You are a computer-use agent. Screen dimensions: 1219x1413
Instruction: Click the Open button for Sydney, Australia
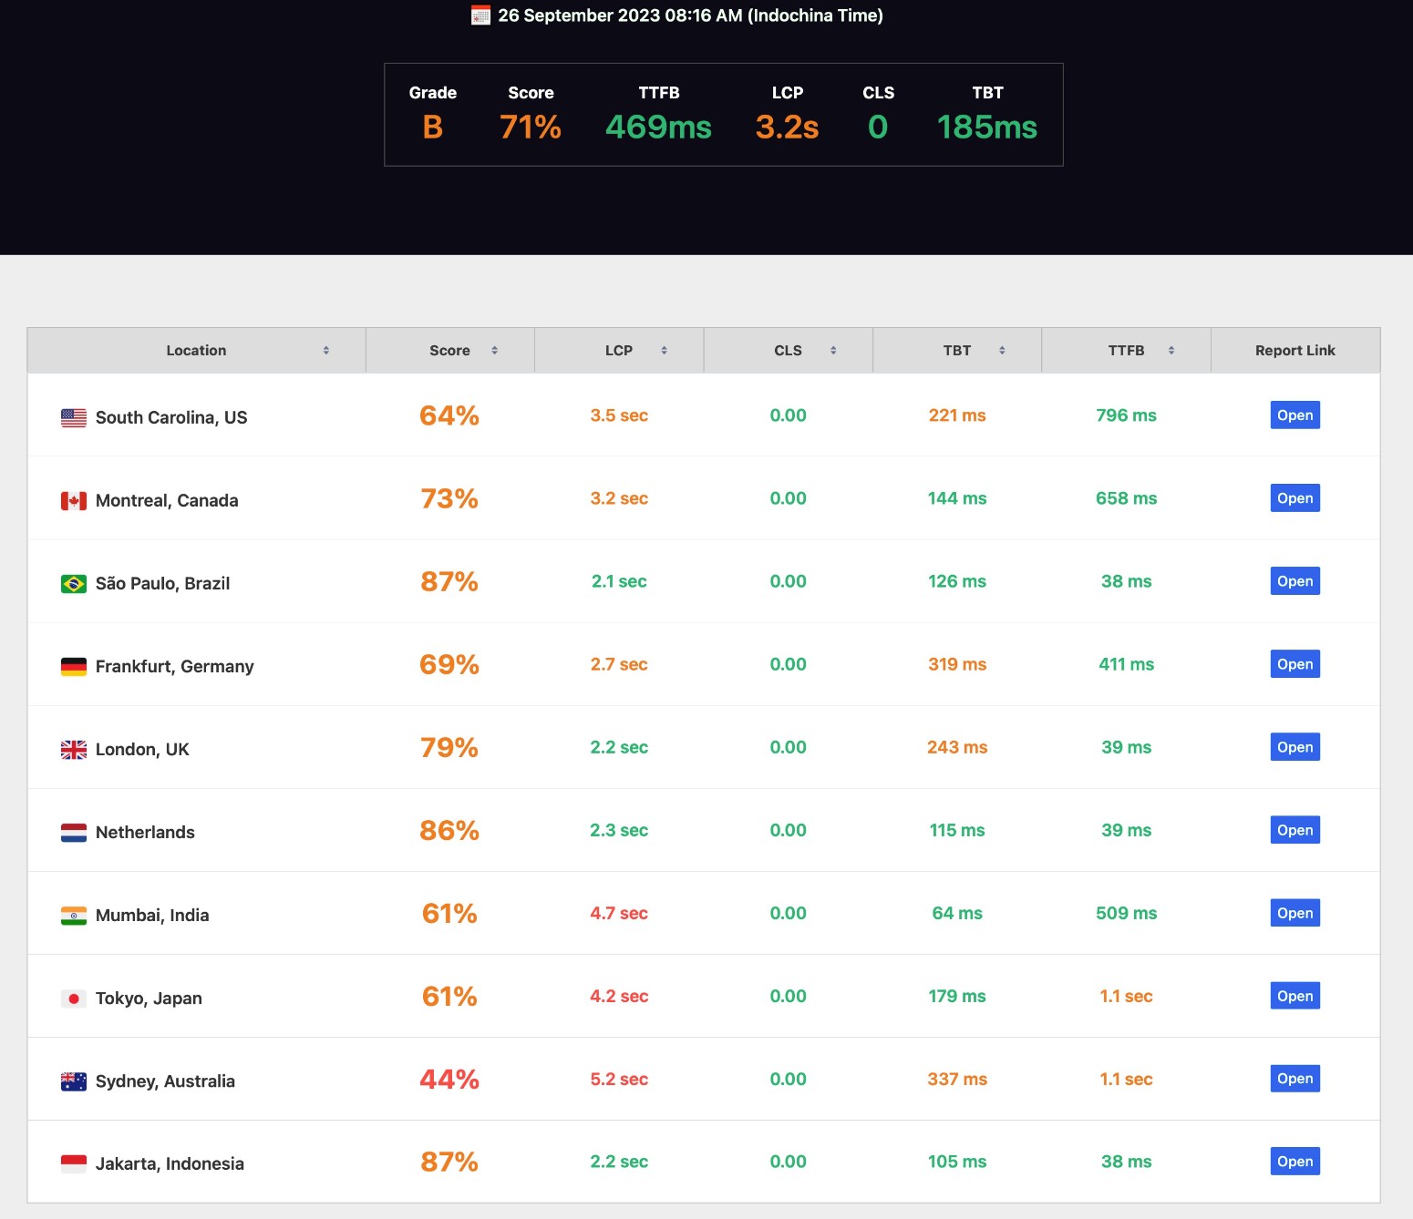(x=1294, y=1079)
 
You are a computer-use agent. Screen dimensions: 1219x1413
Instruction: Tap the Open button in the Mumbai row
(x=1294, y=913)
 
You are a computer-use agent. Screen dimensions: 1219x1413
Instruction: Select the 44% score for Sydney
(x=449, y=1080)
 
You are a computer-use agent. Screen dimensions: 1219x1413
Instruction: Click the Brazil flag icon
(x=74, y=583)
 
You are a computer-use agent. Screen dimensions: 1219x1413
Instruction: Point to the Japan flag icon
(x=74, y=999)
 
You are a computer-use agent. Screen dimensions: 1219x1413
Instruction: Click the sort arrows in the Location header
(x=326, y=351)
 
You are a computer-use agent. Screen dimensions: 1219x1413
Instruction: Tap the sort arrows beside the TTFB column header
(x=1171, y=351)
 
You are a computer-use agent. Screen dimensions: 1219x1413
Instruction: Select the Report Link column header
(x=1294, y=351)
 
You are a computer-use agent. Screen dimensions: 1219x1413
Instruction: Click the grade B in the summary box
(x=433, y=128)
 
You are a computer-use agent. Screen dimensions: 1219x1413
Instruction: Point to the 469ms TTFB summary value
(x=658, y=128)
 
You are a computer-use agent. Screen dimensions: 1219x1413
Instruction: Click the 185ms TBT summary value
(x=987, y=128)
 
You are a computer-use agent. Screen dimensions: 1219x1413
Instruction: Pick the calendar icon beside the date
(x=480, y=15)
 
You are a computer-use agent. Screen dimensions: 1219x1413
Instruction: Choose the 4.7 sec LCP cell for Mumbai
(x=619, y=913)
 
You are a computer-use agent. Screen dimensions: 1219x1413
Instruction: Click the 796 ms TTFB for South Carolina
(x=1126, y=415)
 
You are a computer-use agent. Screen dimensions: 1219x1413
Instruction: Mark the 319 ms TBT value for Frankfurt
(x=957, y=664)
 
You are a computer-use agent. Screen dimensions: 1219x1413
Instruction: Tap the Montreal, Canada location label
(x=167, y=500)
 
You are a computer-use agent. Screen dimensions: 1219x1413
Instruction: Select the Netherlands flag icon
(x=74, y=833)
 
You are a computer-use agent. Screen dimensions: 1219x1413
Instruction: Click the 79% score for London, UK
(x=449, y=748)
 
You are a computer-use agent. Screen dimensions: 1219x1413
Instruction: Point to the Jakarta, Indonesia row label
(x=170, y=1163)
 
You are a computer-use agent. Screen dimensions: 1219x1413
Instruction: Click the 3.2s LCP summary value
(x=787, y=128)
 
